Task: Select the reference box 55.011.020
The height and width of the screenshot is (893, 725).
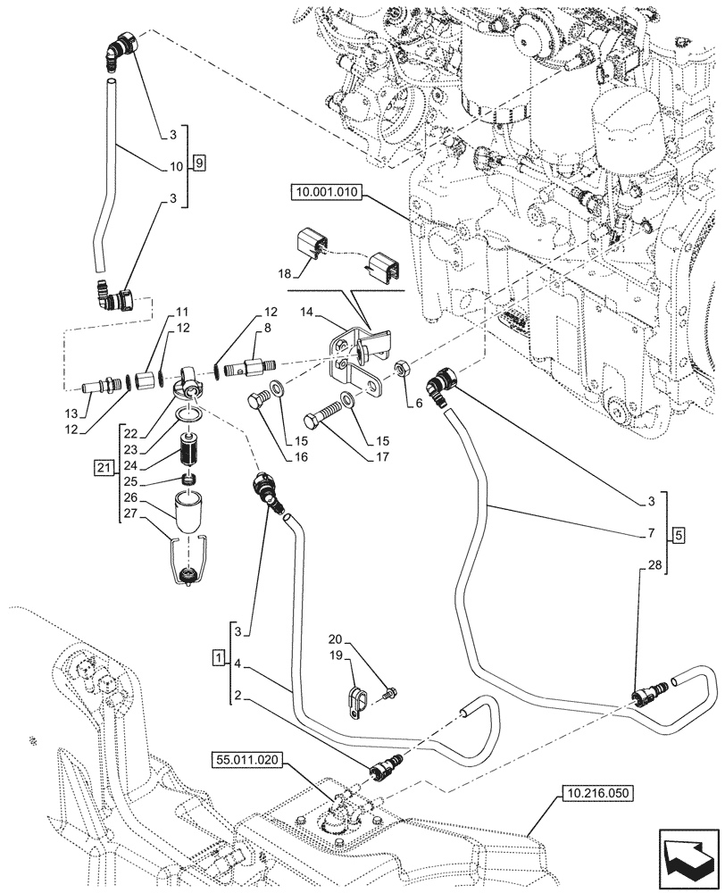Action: click(246, 760)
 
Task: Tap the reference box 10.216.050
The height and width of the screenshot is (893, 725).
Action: click(596, 791)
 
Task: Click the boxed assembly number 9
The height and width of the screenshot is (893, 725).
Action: click(199, 163)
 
